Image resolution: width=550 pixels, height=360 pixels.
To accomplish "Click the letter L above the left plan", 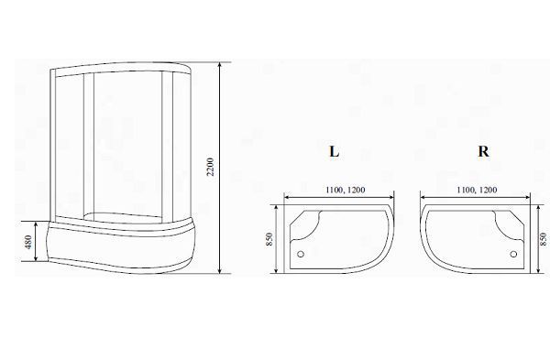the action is pyautogui.click(x=335, y=151).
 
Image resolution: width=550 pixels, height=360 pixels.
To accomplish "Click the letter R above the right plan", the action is pyautogui.click(x=483, y=151).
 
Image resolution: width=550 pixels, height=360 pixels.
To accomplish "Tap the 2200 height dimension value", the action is pyautogui.click(x=210, y=168).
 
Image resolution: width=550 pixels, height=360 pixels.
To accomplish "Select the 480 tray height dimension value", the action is pyautogui.click(x=28, y=242).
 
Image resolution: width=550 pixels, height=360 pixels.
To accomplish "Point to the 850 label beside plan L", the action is pyautogui.click(x=269, y=239).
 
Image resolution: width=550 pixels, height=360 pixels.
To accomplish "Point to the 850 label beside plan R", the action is pyautogui.click(x=544, y=239).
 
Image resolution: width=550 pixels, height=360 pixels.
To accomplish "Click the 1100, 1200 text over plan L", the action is pyautogui.click(x=346, y=190).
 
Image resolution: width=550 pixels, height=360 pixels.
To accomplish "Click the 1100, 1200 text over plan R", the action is pyautogui.click(x=477, y=190).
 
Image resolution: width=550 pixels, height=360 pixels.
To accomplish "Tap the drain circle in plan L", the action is pyautogui.click(x=301, y=254).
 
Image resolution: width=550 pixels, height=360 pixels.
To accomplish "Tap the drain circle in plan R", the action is pyautogui.click(x=513, y=254).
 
